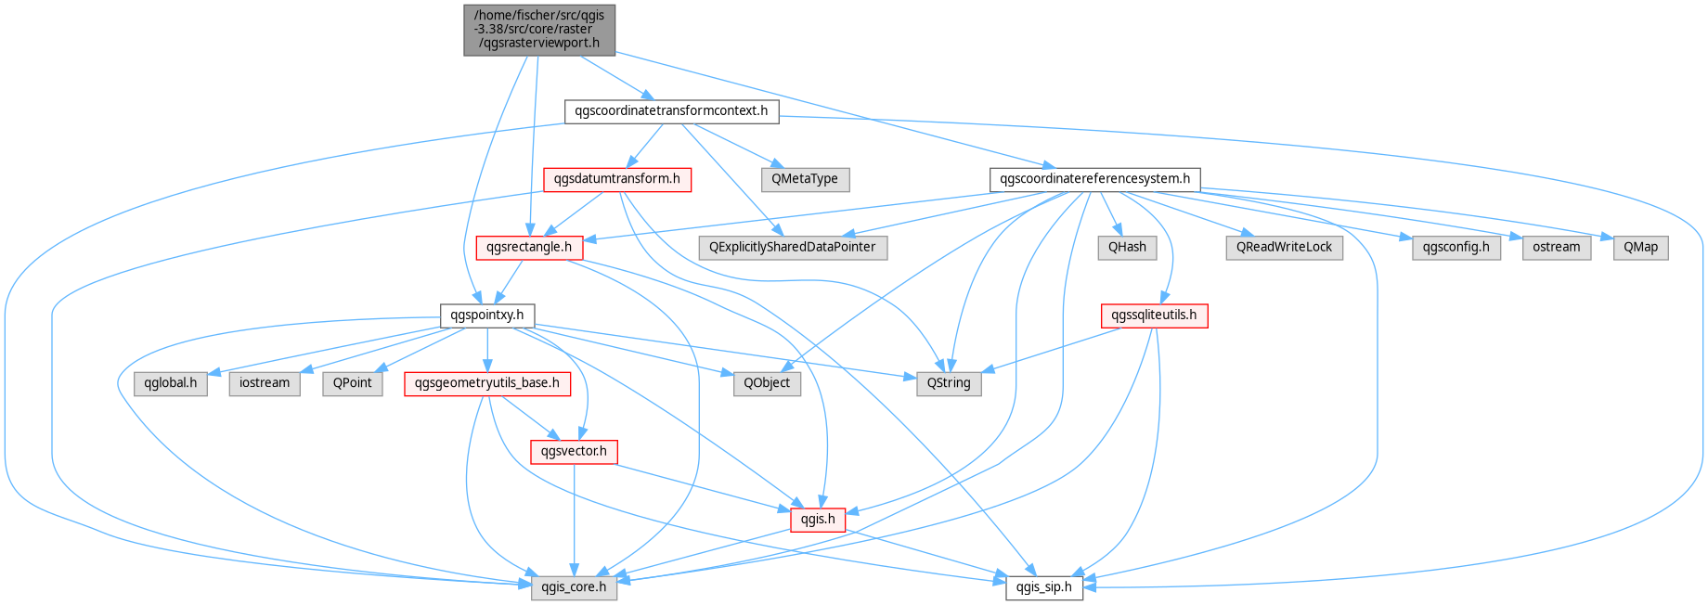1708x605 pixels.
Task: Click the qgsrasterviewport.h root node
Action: (x=539, y=30)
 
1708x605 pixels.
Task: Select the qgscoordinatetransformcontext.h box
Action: (x=671, y=111)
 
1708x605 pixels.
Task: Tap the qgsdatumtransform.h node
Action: (x=617, y=179)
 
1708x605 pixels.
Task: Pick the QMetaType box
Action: (x=805, y=179)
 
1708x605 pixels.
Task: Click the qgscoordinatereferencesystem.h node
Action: (x=1095, y=179)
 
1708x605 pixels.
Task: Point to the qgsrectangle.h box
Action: (x=529, y=248)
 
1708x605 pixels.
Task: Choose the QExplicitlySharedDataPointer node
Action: (x=793, y=248)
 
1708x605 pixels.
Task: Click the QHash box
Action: (x=1127, y=248)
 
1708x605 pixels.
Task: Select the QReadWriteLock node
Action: (x=1284, y=248)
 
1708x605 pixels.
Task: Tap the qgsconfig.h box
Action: (x=1456, y=248)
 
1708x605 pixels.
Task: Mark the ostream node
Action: (x=1557, y=248)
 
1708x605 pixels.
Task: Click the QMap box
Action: (x=1640, y=248)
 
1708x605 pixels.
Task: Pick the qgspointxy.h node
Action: (x=487, y=315)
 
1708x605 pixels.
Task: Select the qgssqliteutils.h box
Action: (x=1154, y=315)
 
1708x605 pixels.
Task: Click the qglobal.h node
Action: (x=171, y=383)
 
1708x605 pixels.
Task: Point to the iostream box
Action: (x=265, y=383)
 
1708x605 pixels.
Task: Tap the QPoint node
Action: (x=353, y=383)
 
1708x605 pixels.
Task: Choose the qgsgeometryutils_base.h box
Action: (x=487, y=383)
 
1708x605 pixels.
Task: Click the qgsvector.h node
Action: (x=574, y=452)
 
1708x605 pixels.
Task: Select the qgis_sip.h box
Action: (x=1044, y=587)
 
